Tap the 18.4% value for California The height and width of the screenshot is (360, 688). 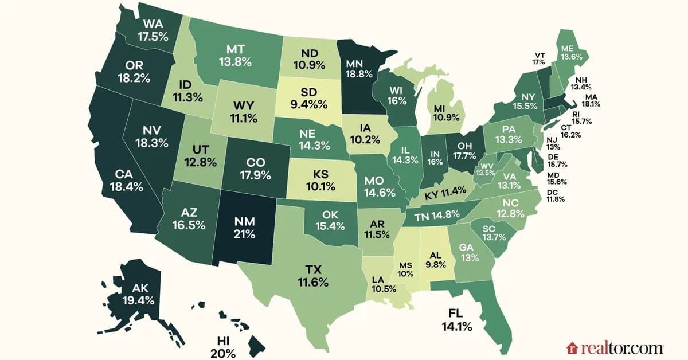(x=123, y=187)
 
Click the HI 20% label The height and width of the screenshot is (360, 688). (x=221, y=346)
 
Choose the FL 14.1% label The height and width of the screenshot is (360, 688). (x=456, y=320)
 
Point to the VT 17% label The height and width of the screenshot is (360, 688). (x=538, y=59)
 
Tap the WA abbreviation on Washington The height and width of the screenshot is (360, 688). (x=152, y=25)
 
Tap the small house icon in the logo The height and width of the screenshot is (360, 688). (x=572, y=348)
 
